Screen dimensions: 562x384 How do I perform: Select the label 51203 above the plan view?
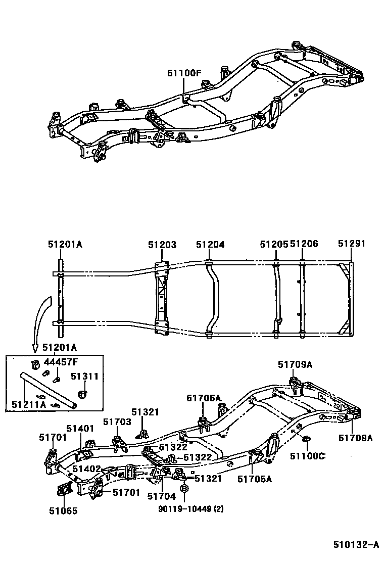(x=162, y=245)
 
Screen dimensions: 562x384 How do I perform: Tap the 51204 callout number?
(x=210, y=245)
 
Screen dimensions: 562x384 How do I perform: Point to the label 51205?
(x=274, y=245)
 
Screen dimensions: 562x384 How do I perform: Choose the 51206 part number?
(x=304, y=245)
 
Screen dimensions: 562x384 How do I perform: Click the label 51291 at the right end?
(x=351, y=245)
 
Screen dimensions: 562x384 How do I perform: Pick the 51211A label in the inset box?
(x=28, y=404)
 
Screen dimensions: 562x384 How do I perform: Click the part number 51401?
(x=80, y=428)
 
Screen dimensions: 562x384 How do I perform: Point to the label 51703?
(x=117, y=421)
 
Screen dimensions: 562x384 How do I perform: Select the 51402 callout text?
(x=86, y=469)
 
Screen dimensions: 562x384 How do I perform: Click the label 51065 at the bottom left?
(x=63, y=510)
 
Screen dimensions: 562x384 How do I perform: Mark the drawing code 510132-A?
(x=355, y=544)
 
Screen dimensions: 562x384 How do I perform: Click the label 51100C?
(x=307, y=456)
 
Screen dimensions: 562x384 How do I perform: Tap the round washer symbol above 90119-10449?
(x=184, y=489)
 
